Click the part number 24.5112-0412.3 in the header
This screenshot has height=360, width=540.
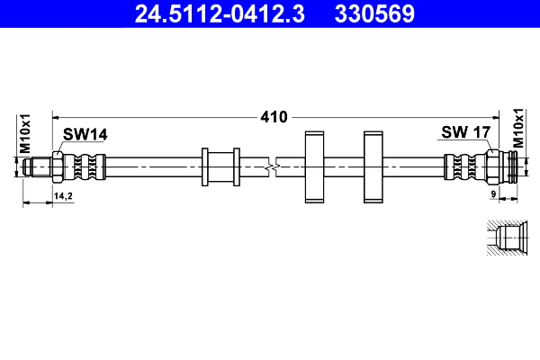(214, 13)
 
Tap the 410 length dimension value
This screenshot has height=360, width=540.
(274, 117)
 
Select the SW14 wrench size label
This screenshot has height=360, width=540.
(85, 134)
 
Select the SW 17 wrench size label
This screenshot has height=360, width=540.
(465, 133)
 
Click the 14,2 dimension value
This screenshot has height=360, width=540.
(64, 194)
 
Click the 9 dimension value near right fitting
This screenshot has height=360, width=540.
(493, 194)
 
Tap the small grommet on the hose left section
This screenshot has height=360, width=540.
(220, 166)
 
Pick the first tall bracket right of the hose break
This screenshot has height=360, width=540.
(314, 166)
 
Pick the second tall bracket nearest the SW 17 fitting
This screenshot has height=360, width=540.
(374, 166)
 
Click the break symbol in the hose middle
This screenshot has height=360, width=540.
(274, 166)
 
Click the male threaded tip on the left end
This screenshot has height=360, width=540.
(38, 166)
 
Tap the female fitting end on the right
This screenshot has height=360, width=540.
(511, 166)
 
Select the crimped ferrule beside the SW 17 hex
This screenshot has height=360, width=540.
(460, 166)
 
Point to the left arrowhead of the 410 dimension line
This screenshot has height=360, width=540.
(57, 117)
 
